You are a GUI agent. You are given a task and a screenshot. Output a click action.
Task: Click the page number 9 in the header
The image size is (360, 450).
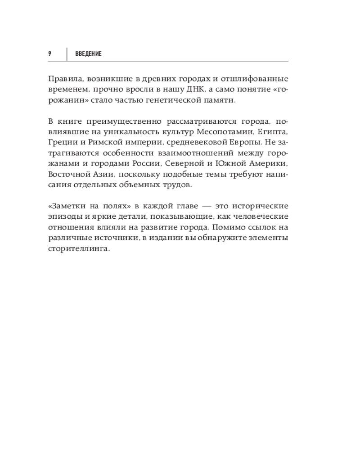49,54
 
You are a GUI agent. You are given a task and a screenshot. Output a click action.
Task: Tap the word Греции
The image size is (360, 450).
60,144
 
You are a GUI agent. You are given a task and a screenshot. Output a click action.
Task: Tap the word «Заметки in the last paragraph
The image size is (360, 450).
66,206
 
